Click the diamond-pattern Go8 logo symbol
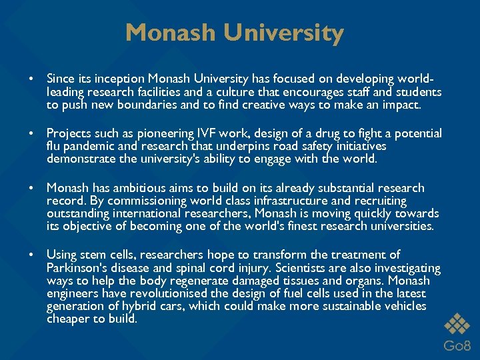[x=458, y=323]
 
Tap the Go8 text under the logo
[x=458, y=345]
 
